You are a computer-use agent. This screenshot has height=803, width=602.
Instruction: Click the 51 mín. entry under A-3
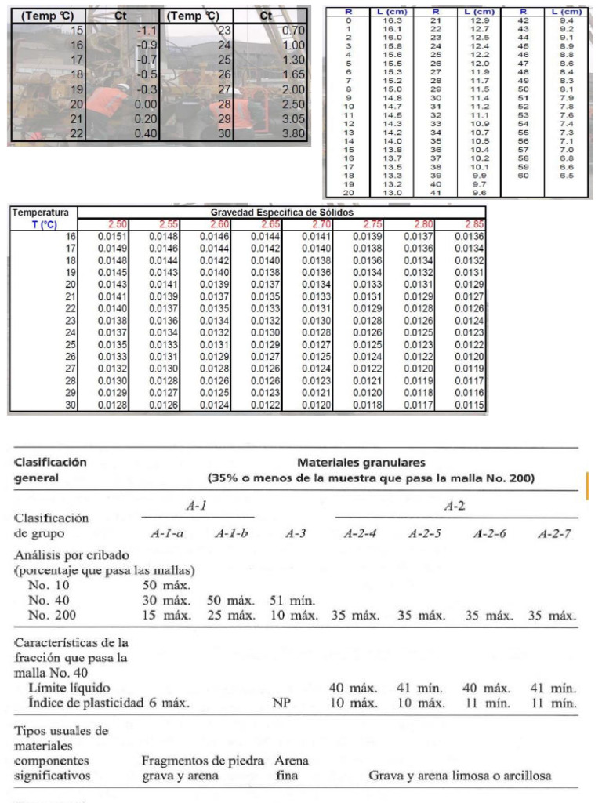coord(292,600)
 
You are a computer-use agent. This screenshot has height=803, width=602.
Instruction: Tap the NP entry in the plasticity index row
coord(282,703)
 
